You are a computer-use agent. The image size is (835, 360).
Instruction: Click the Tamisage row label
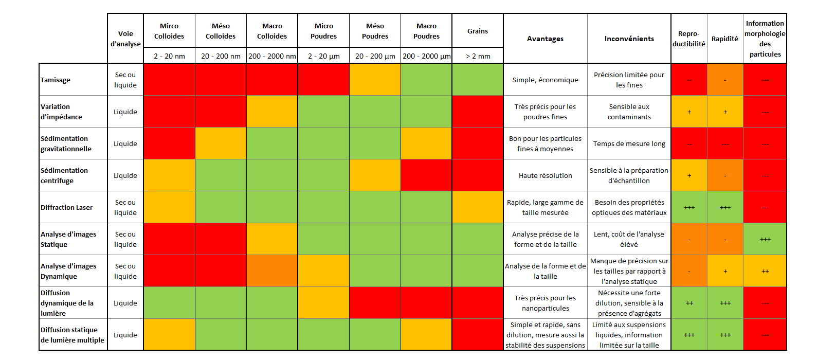pyautogui.click(x=56, y=80)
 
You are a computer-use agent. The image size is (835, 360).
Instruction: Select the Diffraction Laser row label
pyautogui.click(x=67, y=207)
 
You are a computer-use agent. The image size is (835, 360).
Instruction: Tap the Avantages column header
pyautogui.click(x=545, y=39)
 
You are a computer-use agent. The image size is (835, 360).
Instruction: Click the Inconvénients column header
pyautogui.click(x=629, y=39)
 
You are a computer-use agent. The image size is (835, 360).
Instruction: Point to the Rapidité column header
pyautogui.click(x=724, y=39)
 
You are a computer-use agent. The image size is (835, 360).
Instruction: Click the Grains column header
pyautogui.click(x=478, y=31)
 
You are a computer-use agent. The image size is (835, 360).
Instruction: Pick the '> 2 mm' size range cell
pyautogui.click(x=478, y=56)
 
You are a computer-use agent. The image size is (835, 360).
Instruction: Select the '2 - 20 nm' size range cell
pyautogui.click(x=169, y=56)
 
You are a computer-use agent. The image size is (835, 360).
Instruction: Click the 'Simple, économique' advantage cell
pyautogui.click(x=545, y=80)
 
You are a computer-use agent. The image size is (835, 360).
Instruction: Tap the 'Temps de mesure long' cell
pyautogui.click(x=629, y=143)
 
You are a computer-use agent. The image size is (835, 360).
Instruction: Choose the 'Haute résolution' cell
pyautogui.click(x=545, y=175)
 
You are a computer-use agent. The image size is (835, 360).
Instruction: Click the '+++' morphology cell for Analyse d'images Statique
pyautogui.click(x=765, y=239)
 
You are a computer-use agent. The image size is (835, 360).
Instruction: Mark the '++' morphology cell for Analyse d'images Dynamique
pyautogui.click(x=765, y=271)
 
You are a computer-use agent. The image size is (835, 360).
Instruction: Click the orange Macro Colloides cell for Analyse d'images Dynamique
pyautogui.click(x=272, y=271)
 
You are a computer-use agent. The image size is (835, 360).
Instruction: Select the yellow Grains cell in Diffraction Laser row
pyautogui.click(x=478, y=207)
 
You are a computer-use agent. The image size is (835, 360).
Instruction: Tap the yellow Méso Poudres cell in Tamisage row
pyautogui.click(x=375, y=80)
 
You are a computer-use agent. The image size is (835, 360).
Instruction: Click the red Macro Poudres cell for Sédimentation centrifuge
pyautogui.click(x=426, y=175)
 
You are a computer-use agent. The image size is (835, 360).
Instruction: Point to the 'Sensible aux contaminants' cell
pyautogui.click(x=629, y=112)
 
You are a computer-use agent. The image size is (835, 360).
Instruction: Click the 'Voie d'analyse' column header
pyautogui.click(x=125, y=39)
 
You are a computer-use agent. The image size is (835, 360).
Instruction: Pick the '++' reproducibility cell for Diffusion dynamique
pyautogui.click(x=689, y=303)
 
